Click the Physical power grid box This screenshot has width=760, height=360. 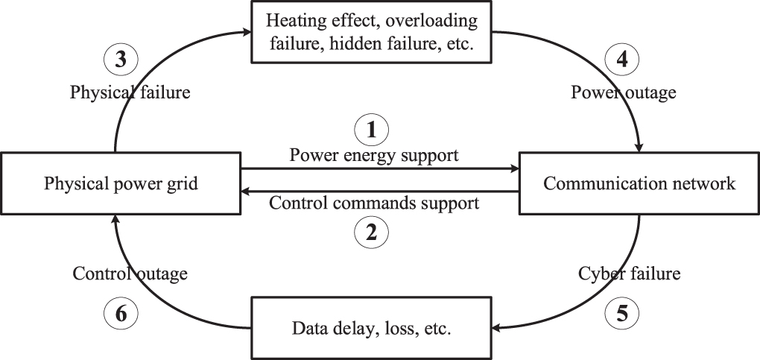120,183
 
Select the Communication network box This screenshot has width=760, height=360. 639,183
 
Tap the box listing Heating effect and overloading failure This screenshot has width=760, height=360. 373,33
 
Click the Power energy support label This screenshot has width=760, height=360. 374,156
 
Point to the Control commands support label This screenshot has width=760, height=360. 373,203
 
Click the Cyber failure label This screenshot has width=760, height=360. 630,274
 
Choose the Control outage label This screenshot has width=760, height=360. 130,274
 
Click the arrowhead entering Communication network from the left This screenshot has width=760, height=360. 513,169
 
